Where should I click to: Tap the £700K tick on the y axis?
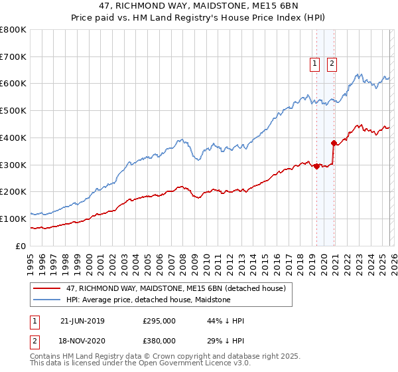tap(13, 56)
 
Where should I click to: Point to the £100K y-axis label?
tap(13, 219)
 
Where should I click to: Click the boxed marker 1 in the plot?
tap(314, 64)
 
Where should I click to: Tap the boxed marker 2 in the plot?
tap(332, 64)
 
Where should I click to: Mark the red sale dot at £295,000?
tap(317, 166)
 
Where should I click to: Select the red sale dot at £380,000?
tap(333, 143)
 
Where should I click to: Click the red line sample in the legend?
tap(48, 288)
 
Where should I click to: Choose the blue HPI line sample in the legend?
tap(48, 300)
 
